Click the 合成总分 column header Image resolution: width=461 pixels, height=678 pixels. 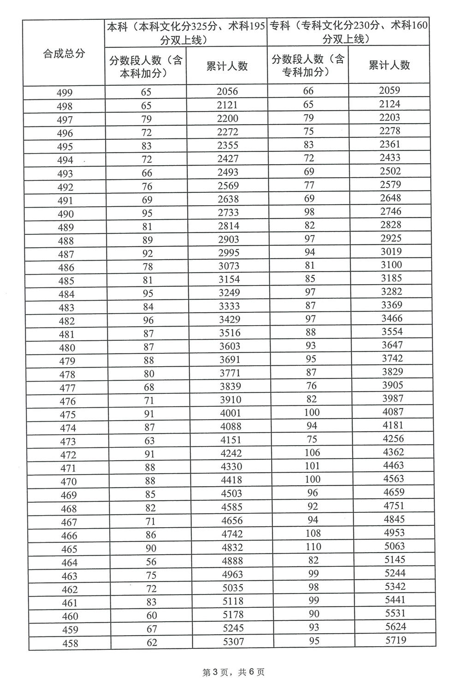[64, 54]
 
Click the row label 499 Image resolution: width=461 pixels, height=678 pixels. [65, 93]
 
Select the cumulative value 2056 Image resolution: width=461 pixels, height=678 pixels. [227, 91]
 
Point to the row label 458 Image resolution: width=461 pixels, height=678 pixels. [69, 643]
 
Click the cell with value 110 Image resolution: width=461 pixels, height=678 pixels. [313, 547]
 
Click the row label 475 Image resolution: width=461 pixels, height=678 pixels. [67, 415]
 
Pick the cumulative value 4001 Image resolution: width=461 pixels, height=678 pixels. [230, 413]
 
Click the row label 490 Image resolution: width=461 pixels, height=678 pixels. [65, 214]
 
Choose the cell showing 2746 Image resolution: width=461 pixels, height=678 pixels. [390, 211]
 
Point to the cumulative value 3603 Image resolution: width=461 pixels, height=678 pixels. [230, 346]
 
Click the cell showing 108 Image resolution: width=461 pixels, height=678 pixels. [313, 533]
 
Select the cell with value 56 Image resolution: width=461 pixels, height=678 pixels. [151, 562]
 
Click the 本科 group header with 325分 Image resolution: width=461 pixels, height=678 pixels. [186, 33]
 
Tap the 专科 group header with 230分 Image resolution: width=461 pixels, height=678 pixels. [349, 32]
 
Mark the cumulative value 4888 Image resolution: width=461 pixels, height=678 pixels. [231, 561]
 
